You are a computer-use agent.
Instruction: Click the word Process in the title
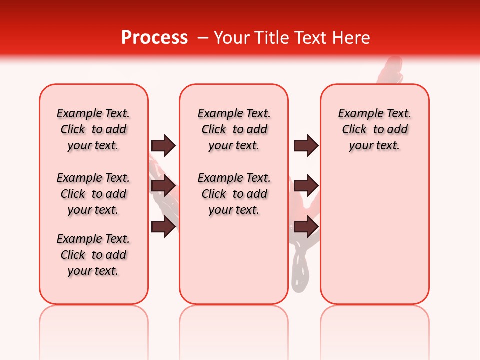[154, 38]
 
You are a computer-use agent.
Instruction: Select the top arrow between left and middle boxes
[163, 146]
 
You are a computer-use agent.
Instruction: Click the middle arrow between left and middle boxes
[163, 186]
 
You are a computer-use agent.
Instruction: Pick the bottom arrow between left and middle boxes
[163, 227]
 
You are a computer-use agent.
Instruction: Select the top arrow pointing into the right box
[306, 146]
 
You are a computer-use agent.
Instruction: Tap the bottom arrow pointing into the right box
[306, 227]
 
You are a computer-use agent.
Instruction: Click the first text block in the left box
[93, 129]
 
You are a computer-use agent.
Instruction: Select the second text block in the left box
[93, 194]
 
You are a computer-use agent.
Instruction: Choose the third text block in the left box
[93, 255]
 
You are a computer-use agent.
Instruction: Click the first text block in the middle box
[234, 129]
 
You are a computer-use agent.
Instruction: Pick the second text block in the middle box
[234, 194]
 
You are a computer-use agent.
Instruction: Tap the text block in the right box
[375, 129]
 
